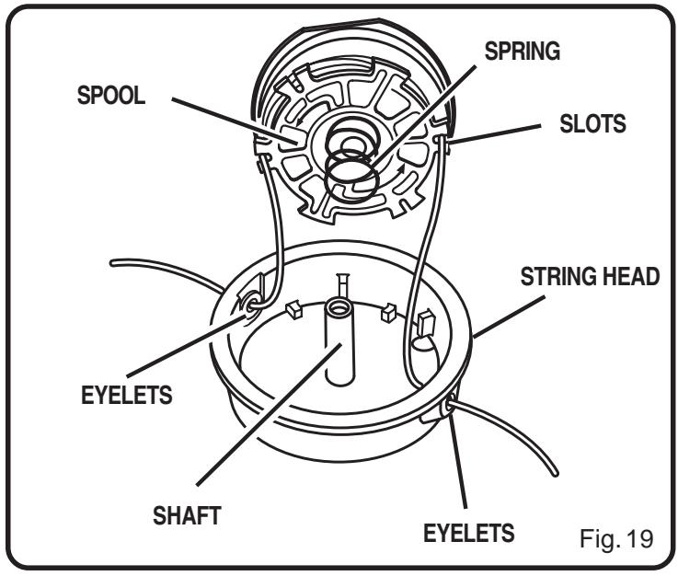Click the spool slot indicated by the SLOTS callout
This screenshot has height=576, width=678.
coord(444,144)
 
